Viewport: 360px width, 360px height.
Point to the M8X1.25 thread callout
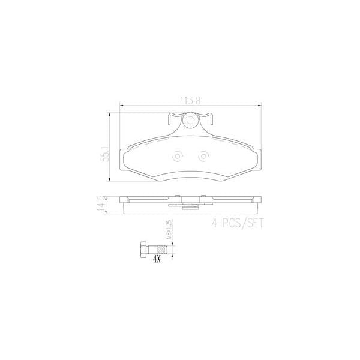point(170,230)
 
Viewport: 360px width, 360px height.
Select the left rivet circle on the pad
point(177,157)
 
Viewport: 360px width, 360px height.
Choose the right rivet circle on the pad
point(203,157)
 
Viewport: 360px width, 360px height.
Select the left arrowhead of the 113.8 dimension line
point(122,107)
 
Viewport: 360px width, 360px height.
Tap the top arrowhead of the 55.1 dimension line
point(109,113)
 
